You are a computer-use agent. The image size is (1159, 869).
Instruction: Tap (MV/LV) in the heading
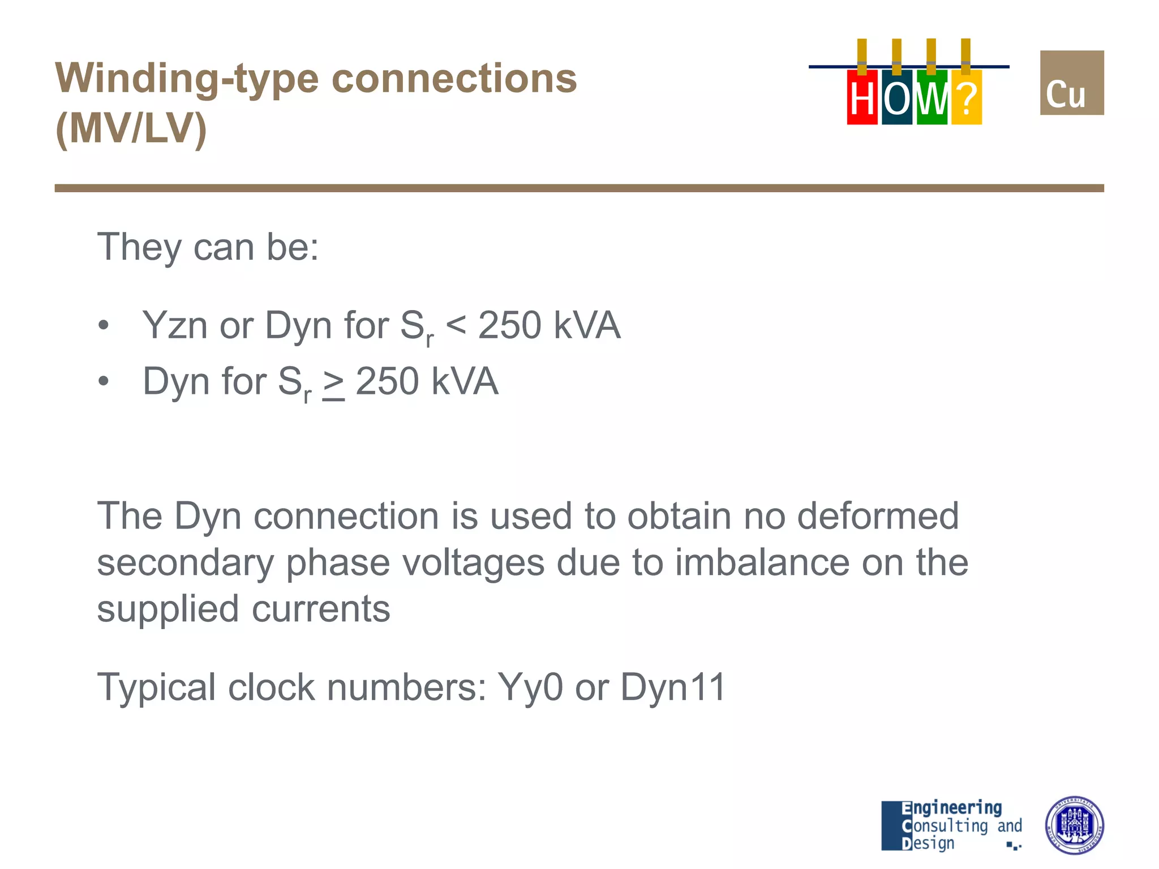click(x=131, y=129)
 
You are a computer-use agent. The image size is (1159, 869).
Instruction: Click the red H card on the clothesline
click(x=861, y=97)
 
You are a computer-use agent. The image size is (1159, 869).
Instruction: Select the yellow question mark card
click(x=967, y=97)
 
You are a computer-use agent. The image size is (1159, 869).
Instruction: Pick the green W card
click(x=932, y=97)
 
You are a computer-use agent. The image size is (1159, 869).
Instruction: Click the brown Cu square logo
click(x=1071, y=83)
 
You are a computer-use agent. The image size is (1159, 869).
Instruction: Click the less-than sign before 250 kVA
click(x=456, y=326)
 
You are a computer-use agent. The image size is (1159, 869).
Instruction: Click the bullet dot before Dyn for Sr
click(x=103, y=381)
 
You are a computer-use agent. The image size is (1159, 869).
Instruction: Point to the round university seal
click(x=1074, y=825)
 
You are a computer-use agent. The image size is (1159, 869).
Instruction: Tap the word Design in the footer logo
click(x=928, y=844)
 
